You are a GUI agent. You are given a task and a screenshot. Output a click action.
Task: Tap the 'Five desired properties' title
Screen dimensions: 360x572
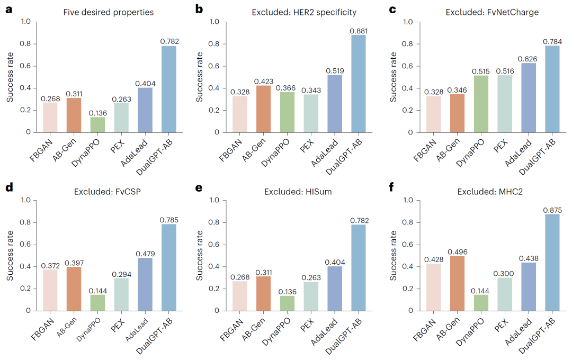[x=108, y=12]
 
